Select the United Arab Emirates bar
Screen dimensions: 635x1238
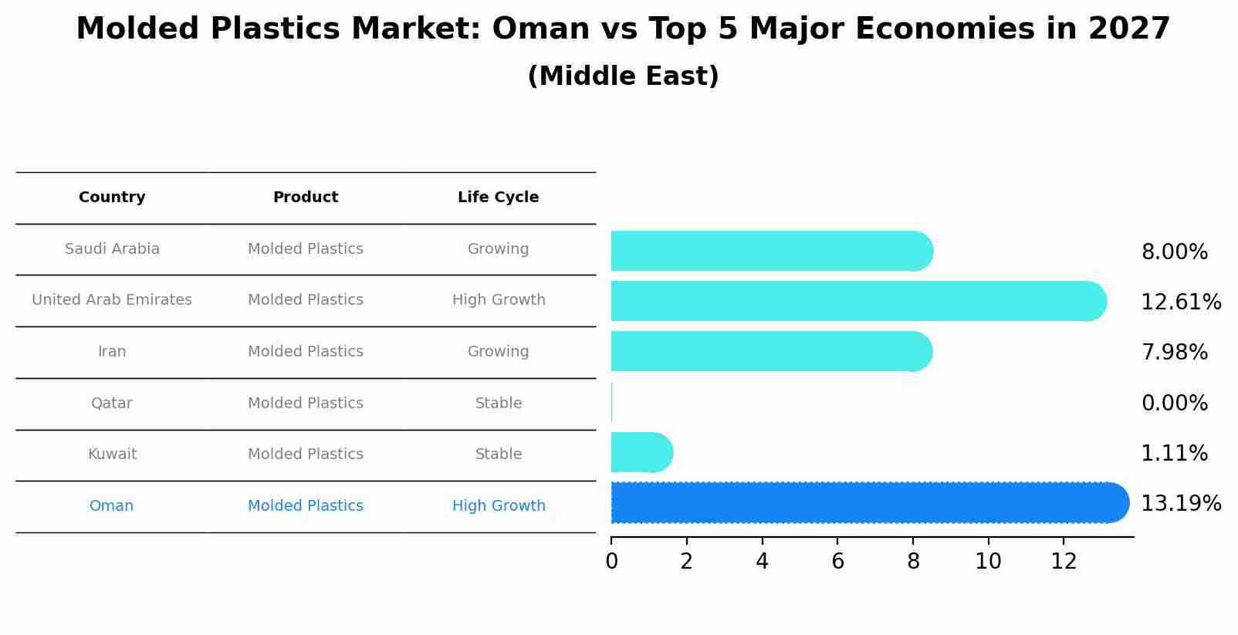(x=857, y=301)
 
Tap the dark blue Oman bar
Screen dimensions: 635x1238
(x=868, y=503)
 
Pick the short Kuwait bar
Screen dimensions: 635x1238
(x=641, y=453)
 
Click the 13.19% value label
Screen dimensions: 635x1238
(x=1180, y=504)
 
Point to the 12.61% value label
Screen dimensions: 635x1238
(x=1180, y=302)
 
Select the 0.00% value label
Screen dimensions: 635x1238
(x=1174, y=403)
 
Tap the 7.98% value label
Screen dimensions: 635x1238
(x=1174, y=353)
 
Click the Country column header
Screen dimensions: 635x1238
(x=112, y=198)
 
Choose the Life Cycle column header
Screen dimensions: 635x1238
(x=498, y=198)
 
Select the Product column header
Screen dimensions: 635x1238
(x=306, y=198)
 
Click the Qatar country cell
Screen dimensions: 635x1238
(x=112, y=404)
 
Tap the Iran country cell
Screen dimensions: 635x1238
(x=112, y=352)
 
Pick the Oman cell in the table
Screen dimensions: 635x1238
(x=112, y=506)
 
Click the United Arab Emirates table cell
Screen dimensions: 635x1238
(x=112, y=300)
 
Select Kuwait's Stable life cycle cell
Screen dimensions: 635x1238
(x=498, y=454)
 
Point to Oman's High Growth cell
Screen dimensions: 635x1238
(x=498, y=506)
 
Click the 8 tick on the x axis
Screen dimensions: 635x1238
(x=913, y=562)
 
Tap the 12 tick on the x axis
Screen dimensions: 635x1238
(x=1064, y=562)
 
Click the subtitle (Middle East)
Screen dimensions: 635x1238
(x=623, y=76)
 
